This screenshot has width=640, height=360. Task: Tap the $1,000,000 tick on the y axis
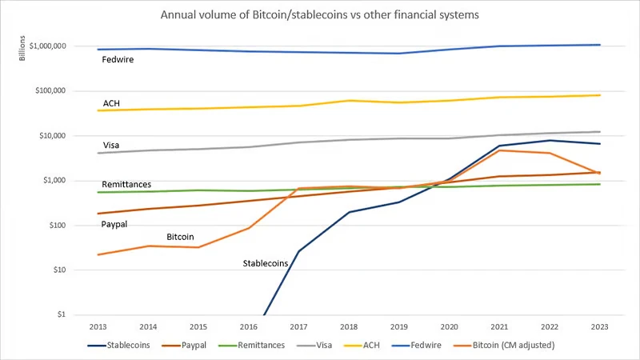[x=47, y=46]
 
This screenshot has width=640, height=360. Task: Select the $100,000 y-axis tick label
[x=50, y=90]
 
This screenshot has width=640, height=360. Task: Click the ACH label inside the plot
[x=112, y=103]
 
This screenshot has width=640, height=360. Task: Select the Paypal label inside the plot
[x=115, y=225]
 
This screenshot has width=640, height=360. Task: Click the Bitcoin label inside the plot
[x=180, y=238]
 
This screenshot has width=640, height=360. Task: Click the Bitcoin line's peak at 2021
[x=499, y=150]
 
